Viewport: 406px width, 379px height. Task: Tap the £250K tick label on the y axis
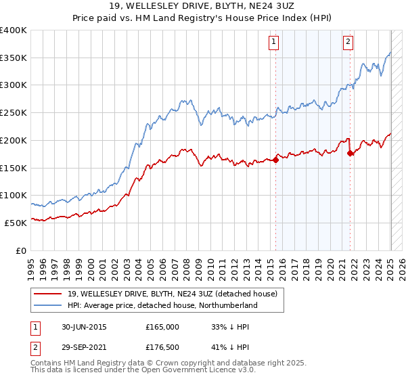[x=14, y=112]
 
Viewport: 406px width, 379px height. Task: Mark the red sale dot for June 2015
[x=276, y=160]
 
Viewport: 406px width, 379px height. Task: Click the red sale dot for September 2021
[x=351, y=154]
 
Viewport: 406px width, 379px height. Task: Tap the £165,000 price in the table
[x=162, y=327]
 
